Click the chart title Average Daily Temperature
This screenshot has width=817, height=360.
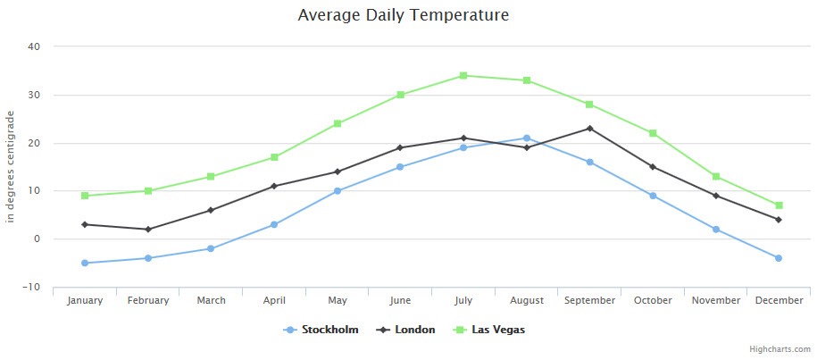[x=404, y=15]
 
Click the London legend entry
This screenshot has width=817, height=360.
[x=410, y=330]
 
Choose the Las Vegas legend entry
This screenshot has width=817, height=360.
[x=494, y=330]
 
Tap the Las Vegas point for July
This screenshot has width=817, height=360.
[x=463, y=75]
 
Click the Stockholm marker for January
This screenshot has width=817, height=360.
[x=85, y=263]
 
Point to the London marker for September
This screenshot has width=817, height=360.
[x=589, y=129]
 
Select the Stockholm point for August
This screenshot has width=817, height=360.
[x=527, y=138]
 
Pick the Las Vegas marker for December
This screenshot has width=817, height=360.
[x=779, y=205]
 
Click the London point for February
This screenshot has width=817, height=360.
[x=148, y=230]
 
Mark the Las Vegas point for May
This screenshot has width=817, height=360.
[x=338, y=123]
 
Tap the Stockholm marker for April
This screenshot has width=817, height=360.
[x=274, y=224]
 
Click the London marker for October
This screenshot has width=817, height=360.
[x=653, y=167]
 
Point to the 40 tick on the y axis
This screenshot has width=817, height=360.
[x=35, y=46]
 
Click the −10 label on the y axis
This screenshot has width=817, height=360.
[x=32, y=287]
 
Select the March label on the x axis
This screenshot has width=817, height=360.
[x=211, y=301]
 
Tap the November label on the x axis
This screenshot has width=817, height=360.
[x=715, y=301]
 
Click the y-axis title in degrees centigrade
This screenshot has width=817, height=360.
[x=11, y=166]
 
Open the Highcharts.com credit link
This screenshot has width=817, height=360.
[x=779, y=349]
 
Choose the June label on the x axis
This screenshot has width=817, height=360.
[x=400, y=301]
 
